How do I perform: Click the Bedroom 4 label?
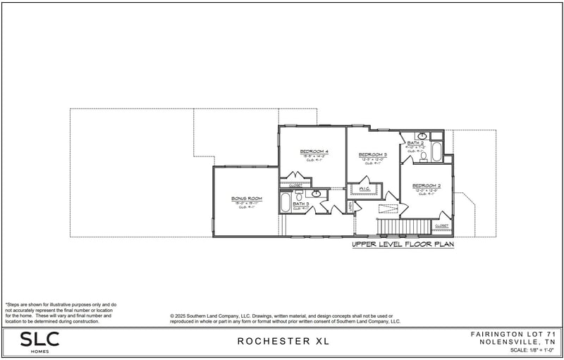point(314,152)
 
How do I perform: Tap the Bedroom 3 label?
point(372,155)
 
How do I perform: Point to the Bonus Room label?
point(247,199)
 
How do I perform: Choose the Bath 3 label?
point(301,204)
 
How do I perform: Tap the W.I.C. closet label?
point(364,189)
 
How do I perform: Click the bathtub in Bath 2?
point(436,151)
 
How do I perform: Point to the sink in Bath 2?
point(422,135)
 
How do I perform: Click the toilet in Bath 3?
point(299,197)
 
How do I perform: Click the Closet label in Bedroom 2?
point(441,226)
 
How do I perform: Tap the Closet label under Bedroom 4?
point(295,185)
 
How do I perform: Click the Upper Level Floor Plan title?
point(403,244)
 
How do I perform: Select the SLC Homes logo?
point(39,342)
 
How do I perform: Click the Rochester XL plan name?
point(282,342)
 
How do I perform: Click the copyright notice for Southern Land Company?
point(286,318)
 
